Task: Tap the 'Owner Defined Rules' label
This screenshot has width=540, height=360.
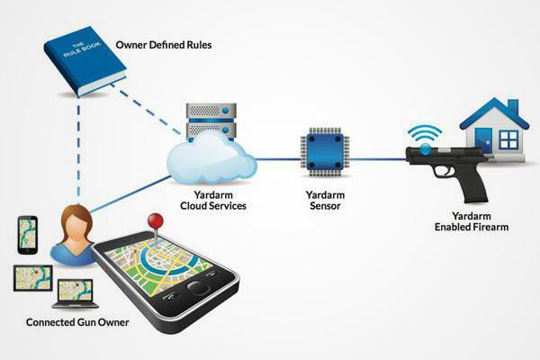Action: pyautogui.click(x=164, y=45)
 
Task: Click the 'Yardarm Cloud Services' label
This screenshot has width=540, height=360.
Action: pyautogui.click(x=213, y=201)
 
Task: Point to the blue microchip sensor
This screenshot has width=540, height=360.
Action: pyautogui.click(x=325, y=151)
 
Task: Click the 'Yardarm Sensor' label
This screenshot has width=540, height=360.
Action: pyautogui.click(x=325, y=201)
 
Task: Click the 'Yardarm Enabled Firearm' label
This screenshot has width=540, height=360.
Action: pyautogui.click(x=472, y=221)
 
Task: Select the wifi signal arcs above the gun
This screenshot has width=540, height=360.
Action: pyautogui.click(x=425, y=134)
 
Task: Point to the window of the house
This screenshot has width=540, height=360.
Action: pyautogui.click(x=508, y=139)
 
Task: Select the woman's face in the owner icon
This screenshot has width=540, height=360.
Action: pyautogui.click(x=76, y=229)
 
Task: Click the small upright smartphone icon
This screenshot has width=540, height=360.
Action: pyautogui.click(x=28, y=235)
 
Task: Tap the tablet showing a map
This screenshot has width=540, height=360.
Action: pyautogui.click(x=33, y=278)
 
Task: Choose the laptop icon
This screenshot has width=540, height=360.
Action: pyautogui.click(x=76, y=294)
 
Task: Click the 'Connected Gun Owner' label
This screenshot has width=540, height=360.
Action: pyautogui.click(x=77, y=322)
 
